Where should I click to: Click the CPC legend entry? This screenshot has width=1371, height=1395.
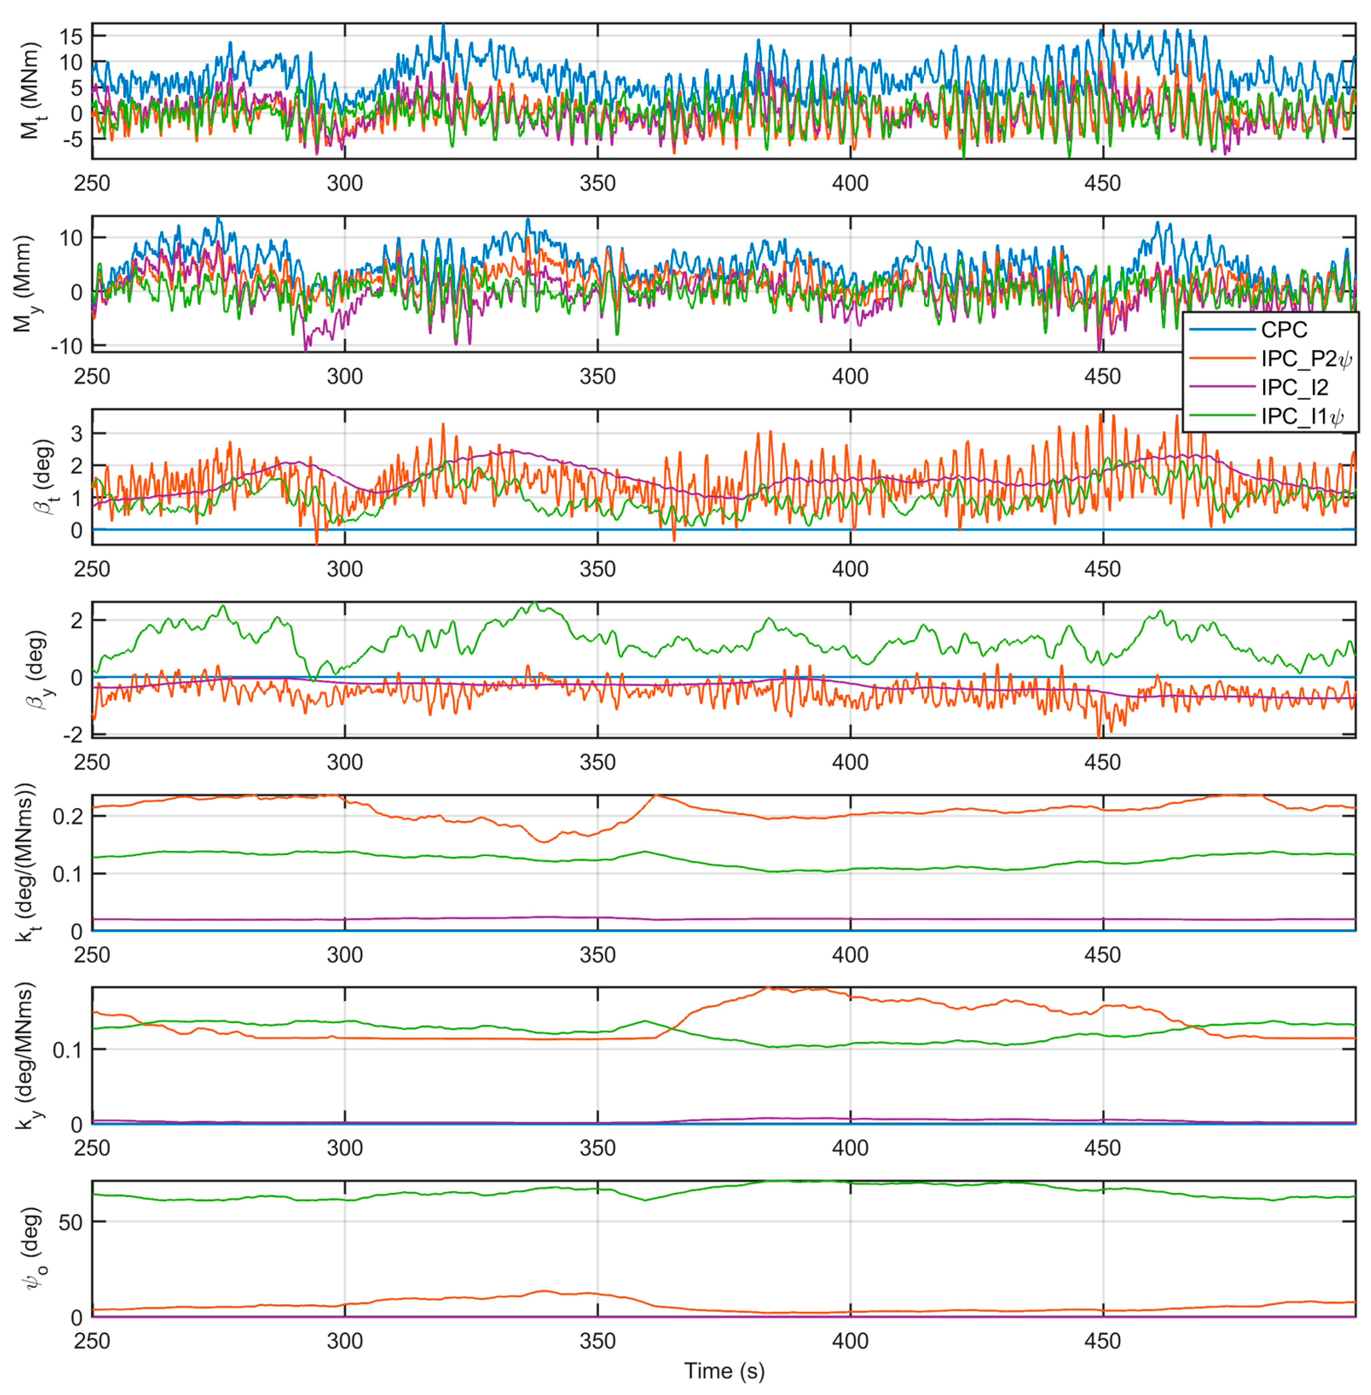[x=1284, y=330]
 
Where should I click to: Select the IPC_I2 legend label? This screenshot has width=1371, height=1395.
[x=1294, y=388]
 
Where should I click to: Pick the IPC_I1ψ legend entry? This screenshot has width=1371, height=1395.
[x=1302, y=416]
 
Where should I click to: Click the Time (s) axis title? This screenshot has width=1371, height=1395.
[x=723, y=1370]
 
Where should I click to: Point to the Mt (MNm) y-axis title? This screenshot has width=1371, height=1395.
[x=29, y=91]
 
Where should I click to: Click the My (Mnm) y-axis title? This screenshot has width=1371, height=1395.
[x=23, y=284]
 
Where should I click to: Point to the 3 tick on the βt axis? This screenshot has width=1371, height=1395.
[x=76, y=433]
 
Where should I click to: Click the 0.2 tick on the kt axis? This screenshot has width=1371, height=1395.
[x=68, y=816]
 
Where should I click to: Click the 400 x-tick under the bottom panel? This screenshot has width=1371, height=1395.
[x=850, y=1340]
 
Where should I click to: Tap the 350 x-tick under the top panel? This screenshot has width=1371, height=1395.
[x=597, y=183]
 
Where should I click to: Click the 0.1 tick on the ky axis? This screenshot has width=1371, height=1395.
[x=68, y=1049]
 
